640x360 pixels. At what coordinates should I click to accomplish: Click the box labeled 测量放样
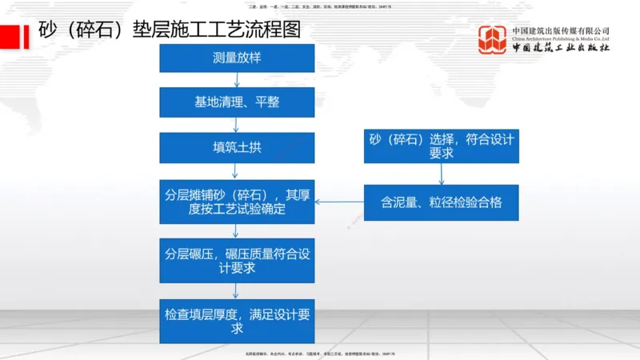click(x=237, y=58)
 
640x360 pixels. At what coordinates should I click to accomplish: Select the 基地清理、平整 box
click(x=237, y=102)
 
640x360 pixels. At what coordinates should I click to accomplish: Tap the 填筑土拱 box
click(x=237, y=147)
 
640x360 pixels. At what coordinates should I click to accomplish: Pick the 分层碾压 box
click(x=237, y=260)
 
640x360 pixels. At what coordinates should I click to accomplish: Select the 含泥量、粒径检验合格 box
click(x=441, y=202)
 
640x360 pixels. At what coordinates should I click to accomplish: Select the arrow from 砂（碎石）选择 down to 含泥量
click(x=441, y=174)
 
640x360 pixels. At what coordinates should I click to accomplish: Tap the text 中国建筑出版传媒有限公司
click(x=561, y=30)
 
